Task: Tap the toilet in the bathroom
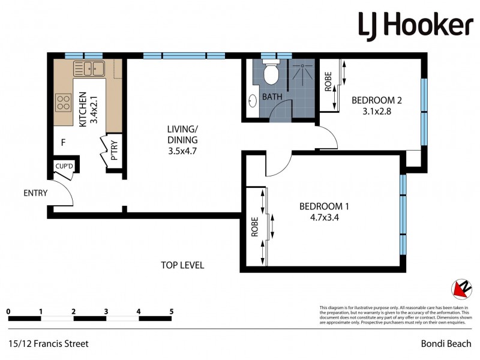pos(270,73)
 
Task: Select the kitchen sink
pos(89,68)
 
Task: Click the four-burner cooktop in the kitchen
pos(63,103)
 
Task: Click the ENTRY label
pos(35,193)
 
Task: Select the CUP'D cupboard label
pos(64,166)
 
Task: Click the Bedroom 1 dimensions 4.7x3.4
pos(324,218)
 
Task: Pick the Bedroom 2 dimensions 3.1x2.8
pos(376,111)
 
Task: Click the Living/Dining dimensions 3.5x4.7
pos(183,151)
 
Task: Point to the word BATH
pos(272,97)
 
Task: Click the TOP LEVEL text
pos(182,265)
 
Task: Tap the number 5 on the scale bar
pos(172,311)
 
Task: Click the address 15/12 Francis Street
pos(49,344)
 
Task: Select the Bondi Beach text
pos(446,344)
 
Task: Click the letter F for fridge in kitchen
pos(62,143)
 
